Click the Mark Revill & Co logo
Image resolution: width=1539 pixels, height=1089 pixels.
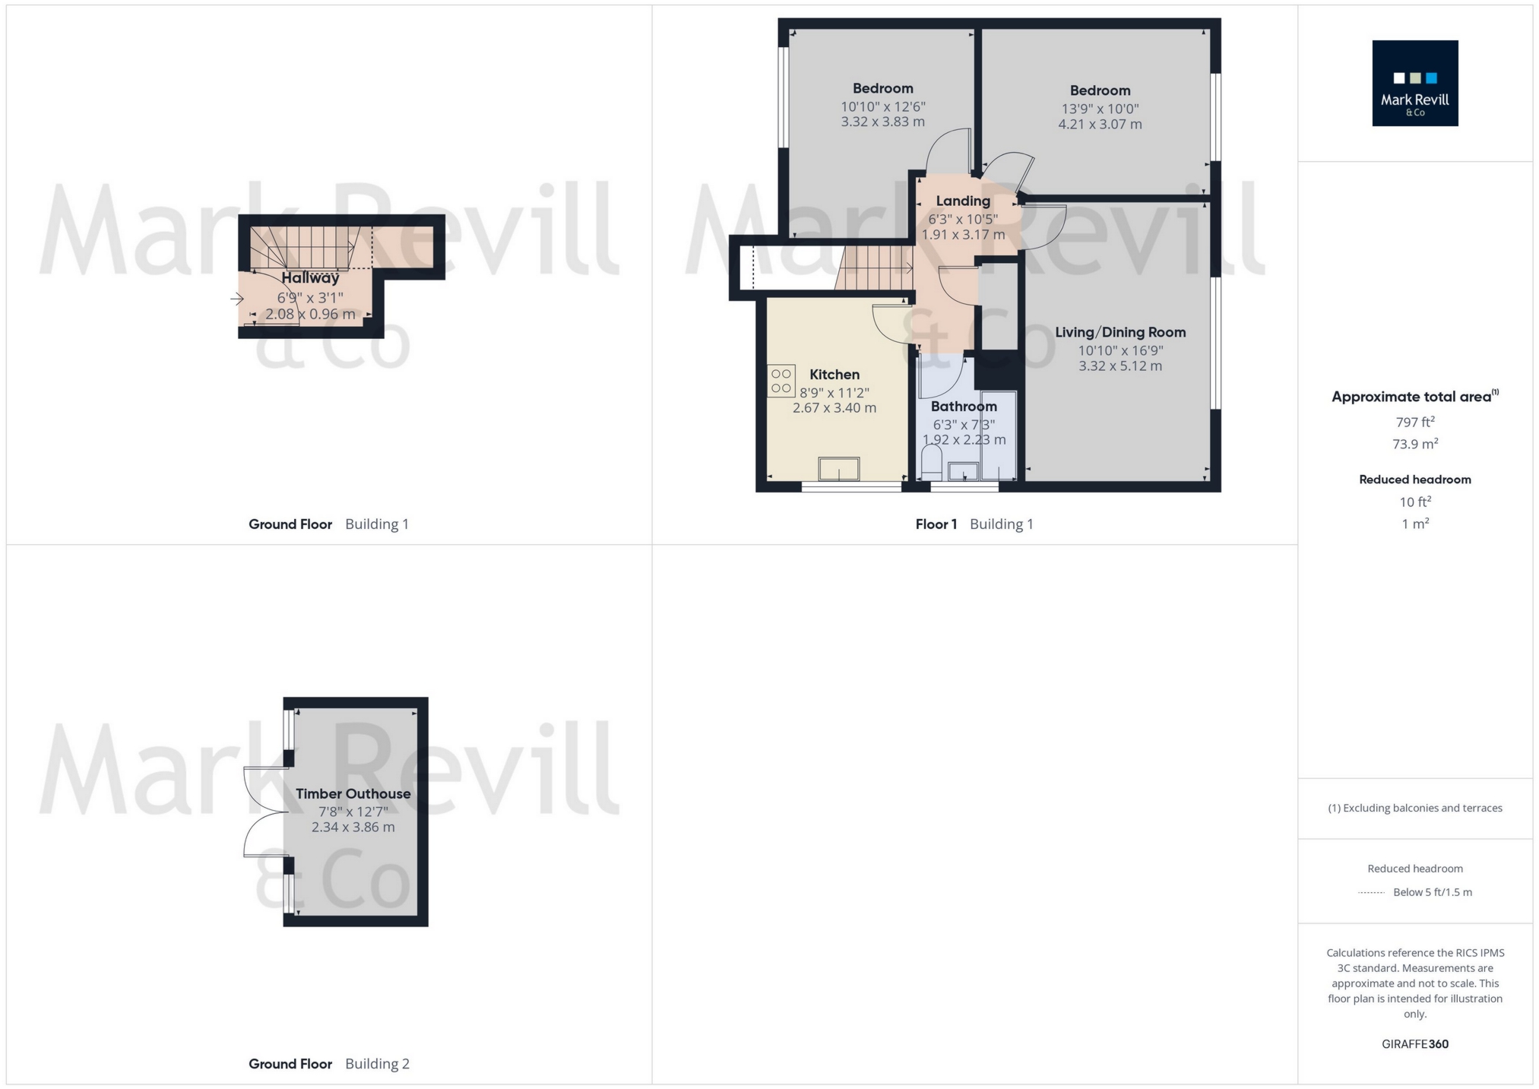1414,83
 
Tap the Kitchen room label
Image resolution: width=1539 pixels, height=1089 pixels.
834,375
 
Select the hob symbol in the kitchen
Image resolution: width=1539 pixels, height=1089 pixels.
781,381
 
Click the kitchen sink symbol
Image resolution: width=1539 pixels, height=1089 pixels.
839,469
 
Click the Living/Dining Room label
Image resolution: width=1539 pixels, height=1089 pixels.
1119,332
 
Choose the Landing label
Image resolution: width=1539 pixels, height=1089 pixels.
962,201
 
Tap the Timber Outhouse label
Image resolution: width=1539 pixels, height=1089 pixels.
353,794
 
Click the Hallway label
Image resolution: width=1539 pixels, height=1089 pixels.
310,278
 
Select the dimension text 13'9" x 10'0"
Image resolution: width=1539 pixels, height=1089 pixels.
1100,109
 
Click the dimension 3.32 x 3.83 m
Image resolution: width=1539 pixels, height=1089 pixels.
882,122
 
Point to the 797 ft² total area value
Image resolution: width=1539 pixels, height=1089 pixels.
1414,422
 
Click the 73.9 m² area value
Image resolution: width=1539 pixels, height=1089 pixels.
1414,444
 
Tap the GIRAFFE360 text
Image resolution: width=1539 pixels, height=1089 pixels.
1414,1044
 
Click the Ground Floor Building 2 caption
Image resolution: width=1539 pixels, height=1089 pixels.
328,1064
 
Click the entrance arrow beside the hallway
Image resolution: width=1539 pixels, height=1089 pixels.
237,299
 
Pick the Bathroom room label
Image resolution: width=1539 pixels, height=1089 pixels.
963,407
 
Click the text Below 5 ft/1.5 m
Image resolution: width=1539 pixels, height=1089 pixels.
1432,892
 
